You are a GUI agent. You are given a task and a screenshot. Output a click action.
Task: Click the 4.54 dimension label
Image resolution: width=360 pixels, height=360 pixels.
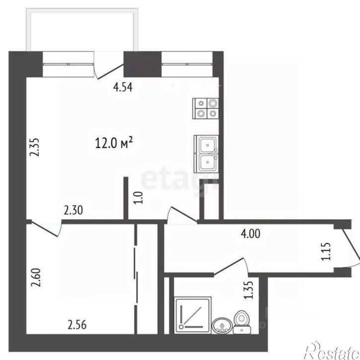pos(125,87)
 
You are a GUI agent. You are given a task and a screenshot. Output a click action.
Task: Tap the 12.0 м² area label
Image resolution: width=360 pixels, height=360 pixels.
pos(114,144)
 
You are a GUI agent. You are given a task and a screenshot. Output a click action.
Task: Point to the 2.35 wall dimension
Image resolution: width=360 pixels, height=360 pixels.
pos(34,146)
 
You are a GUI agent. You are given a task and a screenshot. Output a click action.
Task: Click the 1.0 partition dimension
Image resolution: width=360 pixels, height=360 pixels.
pos(139,198)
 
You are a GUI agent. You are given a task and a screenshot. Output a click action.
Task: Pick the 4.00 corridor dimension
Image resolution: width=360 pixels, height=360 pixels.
pos(251,232)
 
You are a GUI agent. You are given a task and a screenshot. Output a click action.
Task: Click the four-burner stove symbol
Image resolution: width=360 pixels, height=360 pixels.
pos(206,108)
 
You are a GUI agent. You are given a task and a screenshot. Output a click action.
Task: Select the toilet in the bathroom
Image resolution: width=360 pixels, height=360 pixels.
pos(243,320)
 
